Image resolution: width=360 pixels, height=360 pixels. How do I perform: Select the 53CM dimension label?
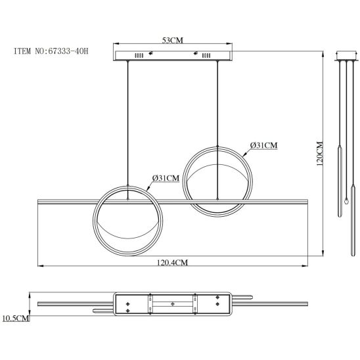point(172,40)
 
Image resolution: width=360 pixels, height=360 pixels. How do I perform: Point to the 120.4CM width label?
point(172,263)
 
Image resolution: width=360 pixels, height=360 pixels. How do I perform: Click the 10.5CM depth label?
point(16,318)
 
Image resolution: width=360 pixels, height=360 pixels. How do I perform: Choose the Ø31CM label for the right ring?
point(263,145)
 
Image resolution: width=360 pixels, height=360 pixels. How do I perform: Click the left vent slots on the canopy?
point(139,56)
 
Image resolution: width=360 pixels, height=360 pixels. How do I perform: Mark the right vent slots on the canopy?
point(206,56)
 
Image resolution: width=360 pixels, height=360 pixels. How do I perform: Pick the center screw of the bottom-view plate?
point(172,304)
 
